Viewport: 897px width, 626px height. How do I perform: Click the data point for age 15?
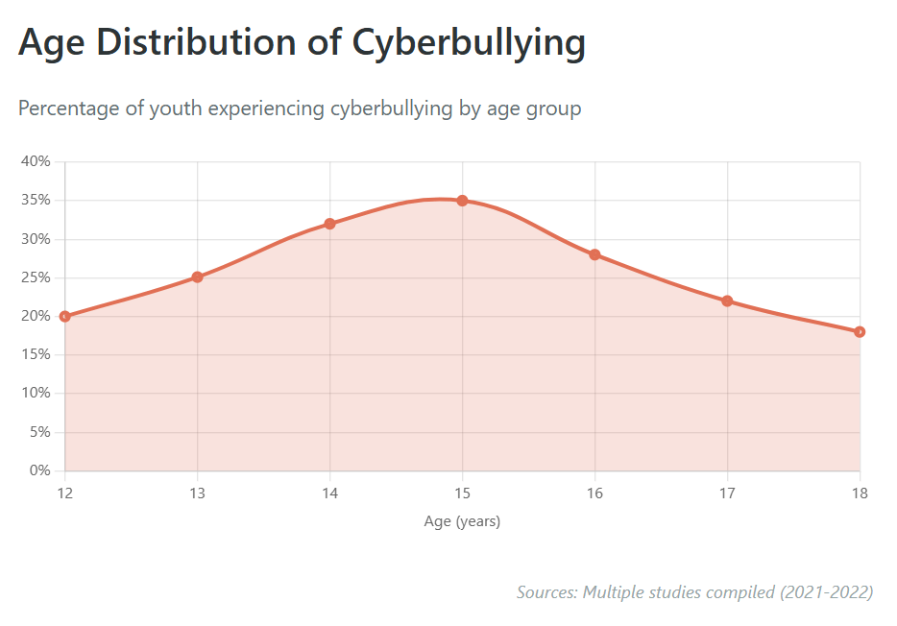pyautogui.click(x=462, y=201)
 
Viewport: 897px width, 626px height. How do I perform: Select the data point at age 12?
pyautogui.click(x=65, y=316)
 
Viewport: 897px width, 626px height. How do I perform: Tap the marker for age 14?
pyautogui.click(x=329, y=224)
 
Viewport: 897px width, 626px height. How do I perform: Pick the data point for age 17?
pyautogui.click(x=727, y=301)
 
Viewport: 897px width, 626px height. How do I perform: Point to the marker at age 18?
pyautogui.click(x=860, y=331)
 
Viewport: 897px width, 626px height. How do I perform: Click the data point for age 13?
pyautogui.click(x=197, y=277)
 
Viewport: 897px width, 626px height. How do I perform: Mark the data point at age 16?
pyautogui.click(x=594, y=254)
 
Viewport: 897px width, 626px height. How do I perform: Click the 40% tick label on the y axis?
pyautogui.click(x=36, y=161)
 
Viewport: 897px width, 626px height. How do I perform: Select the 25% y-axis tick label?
pyautogui.click(x=36, y=277)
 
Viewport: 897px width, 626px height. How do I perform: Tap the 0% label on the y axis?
pyautogui.click(x=39, y=470)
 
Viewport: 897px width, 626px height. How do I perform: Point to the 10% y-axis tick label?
pyautogui.click(x=36, y=394)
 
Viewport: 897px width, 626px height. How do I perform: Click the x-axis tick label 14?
pyautogui.click(x=329, y=493)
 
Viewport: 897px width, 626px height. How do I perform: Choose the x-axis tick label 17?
pyautogui.click(x=727, y=493)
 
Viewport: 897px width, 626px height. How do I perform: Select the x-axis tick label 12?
pyautogui.click(x=65, y=493)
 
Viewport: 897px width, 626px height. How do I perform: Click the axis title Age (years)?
pyautogui.click(x=462, y=521)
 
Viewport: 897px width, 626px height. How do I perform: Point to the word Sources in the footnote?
pyautogui.click(x=546, y=591)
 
